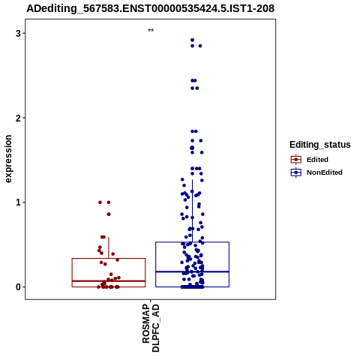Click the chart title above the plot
(151, 8)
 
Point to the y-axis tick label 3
(18, 33)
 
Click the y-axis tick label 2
(18, 118)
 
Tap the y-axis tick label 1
(18, 202)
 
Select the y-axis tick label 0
(18, 286)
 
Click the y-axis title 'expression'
(8, 159)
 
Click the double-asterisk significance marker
(151, 31)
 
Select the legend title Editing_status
(320, 145)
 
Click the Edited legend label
(317, 160)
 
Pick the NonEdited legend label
(325, 172)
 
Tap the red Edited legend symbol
(296, 160)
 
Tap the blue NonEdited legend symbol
(296, 172)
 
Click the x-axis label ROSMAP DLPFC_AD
(151, 328)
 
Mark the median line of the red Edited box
(109, 281)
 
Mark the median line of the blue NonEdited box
(192, 271)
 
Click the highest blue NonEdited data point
(192, 40)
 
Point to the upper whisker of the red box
(109, 247)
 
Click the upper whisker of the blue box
(192, 211)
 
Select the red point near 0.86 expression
(109, 214)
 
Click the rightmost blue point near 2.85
(200, 46)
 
